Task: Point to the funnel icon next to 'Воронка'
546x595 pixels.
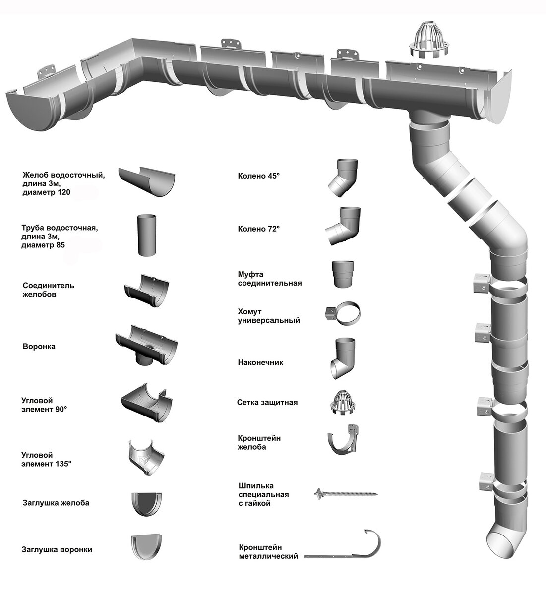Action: click(147, 348)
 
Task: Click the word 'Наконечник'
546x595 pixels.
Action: click(260, 362)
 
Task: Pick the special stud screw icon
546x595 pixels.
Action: click(346, 494)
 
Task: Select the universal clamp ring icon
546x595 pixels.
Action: click(345, 313)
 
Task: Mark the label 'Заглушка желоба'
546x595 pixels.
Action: click(56, 503)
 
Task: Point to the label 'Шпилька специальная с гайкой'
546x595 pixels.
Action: click(263, 494)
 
